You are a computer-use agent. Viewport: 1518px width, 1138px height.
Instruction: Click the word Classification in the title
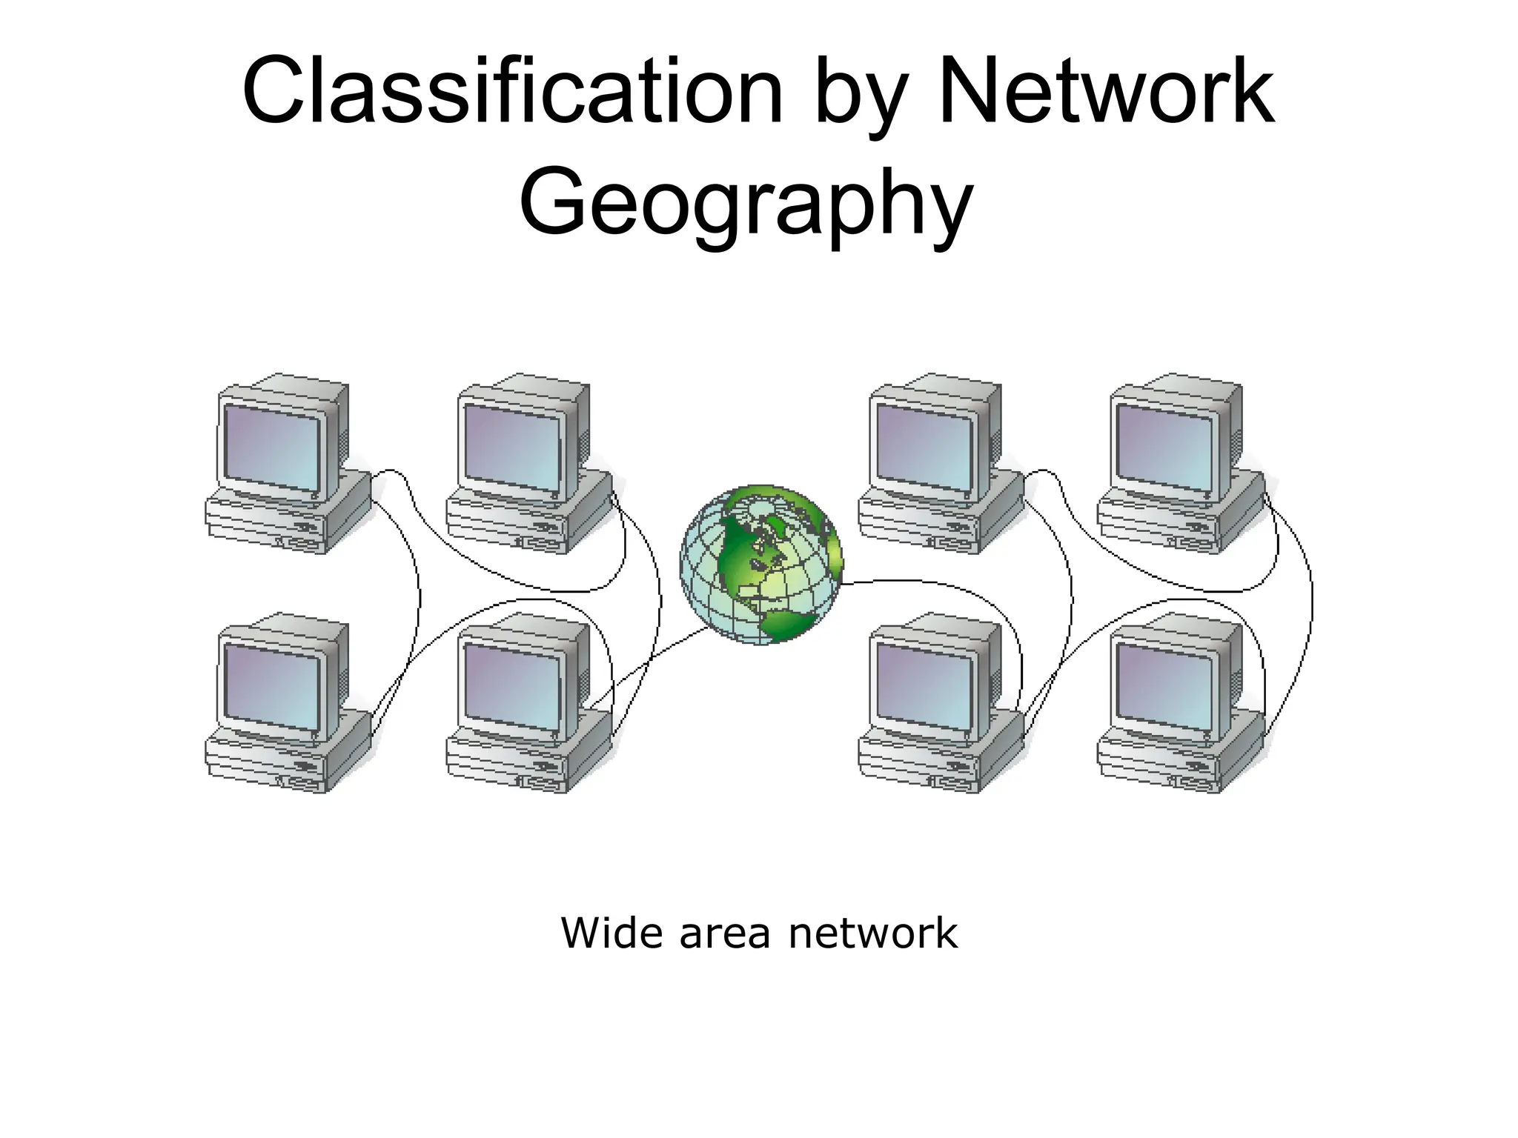click(x=511, y=93)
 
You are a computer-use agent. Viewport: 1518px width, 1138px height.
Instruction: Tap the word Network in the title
click(x=1106, y=93)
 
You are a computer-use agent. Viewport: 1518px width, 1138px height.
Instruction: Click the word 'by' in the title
click(x=861, y=96)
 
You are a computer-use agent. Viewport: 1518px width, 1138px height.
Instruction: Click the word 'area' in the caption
click(x=724, y=934)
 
